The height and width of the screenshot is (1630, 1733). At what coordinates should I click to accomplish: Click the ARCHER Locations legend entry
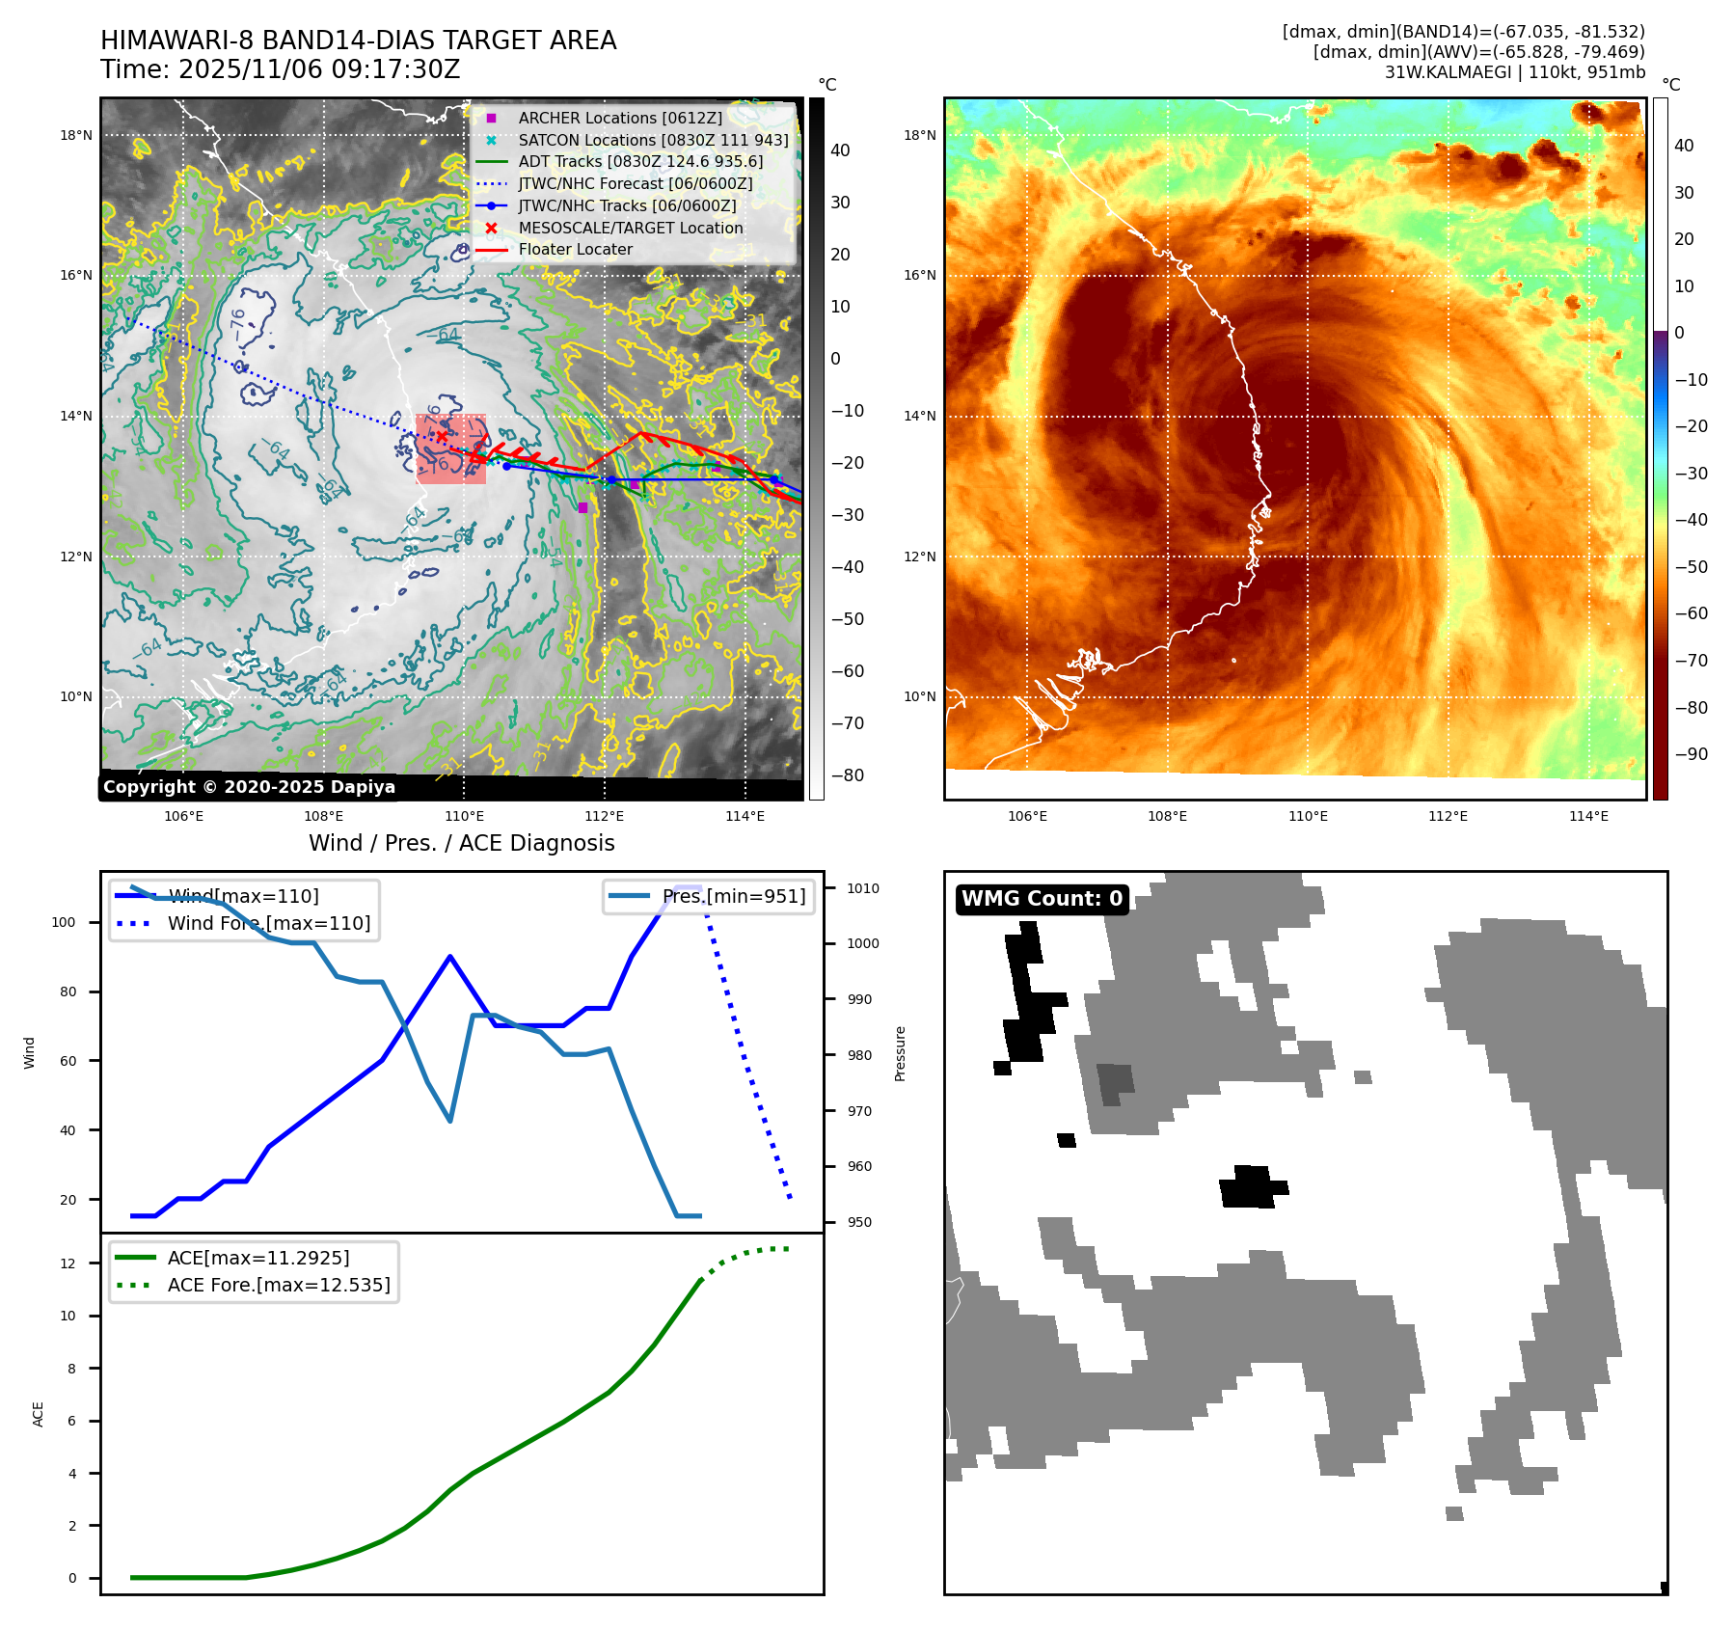point(619,118)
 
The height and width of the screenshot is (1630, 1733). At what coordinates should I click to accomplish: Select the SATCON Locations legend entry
point(653,140)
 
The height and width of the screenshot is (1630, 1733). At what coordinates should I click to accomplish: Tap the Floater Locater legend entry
point(575,249)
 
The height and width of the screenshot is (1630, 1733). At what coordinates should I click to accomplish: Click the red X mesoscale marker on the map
point(442,437)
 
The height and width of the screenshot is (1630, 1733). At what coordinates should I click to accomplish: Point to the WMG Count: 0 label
point(1042,899)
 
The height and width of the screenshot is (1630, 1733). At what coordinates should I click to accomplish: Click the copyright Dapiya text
point(249,787)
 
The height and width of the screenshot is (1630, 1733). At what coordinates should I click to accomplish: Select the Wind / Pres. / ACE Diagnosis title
point(461,843)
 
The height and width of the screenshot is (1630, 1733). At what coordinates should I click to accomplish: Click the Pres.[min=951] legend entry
point(733,896)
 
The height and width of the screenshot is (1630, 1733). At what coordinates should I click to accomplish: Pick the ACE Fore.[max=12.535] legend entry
point(279,1285)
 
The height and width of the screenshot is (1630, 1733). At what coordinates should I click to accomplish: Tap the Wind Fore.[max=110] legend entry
point(268,923)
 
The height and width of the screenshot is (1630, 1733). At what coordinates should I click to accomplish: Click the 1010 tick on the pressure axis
point(863,888)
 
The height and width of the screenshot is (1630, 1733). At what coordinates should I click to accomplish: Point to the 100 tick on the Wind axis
point(64,922)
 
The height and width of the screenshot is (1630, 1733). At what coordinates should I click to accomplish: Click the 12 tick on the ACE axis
point(68,1263)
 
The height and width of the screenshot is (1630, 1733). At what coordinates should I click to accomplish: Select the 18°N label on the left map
point(76,135)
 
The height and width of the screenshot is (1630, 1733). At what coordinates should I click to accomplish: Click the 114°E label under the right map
point(1588,816)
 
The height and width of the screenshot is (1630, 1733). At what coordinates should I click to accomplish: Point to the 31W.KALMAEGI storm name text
point(1449,72)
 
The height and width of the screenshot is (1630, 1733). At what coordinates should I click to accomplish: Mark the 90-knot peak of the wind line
point(450,956)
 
